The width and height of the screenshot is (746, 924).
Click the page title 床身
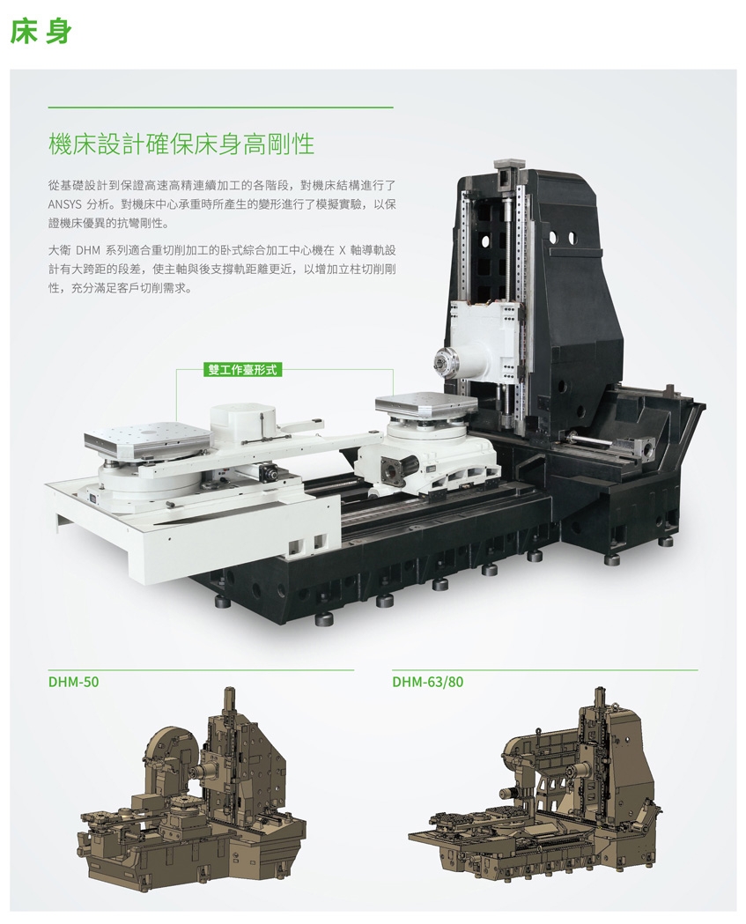tap(41, 31)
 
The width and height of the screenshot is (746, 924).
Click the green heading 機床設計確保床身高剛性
tap(181, 144)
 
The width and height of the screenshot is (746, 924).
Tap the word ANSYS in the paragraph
tap(63, 205)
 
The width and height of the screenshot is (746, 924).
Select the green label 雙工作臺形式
tap(242, 370)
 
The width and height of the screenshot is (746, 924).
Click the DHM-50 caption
tap(74, 682)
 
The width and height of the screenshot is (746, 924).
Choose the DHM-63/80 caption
tap(428, 682)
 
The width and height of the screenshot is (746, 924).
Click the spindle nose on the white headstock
tap(446, 360)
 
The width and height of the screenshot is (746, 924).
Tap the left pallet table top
tap(147, 436)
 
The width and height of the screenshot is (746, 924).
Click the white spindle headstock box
tap(486, 336)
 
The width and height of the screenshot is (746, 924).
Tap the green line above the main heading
tap(220, 107)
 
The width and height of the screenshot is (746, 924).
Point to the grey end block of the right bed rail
tap(646, 446)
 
